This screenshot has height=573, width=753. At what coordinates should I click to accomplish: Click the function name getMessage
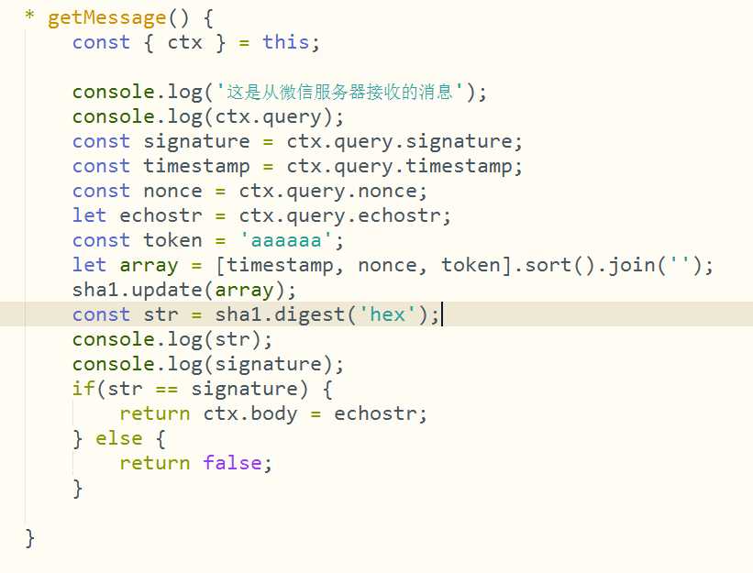click(106, 19)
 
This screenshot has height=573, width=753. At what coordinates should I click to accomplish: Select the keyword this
click(286, 42)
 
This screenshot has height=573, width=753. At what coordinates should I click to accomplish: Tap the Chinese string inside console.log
click(339, 91)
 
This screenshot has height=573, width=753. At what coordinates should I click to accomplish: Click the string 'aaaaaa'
click(286, 240)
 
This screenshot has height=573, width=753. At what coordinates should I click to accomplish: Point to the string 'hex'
click(387, 314)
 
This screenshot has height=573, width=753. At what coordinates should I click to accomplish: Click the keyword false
click(232, 463)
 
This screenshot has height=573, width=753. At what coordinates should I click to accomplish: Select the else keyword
click(118, 438)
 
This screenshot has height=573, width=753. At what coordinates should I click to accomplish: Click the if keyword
click(83, 388)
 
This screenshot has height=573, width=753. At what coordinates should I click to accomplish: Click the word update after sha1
click(167, 291)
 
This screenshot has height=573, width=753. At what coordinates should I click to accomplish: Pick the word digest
click(310, 315)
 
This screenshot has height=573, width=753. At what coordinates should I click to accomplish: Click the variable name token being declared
click(172, 240)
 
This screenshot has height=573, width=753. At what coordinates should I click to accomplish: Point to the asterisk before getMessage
click(29, 15)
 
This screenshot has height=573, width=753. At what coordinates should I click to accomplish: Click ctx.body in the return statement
click(250, 413)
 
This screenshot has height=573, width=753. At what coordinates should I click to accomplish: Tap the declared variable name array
click(149, 266)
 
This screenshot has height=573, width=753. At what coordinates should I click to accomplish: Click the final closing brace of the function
click(29, 538)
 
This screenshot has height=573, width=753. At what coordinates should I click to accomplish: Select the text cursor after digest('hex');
click(442, 314)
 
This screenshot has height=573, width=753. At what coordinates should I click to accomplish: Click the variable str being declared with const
click(161, 314)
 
